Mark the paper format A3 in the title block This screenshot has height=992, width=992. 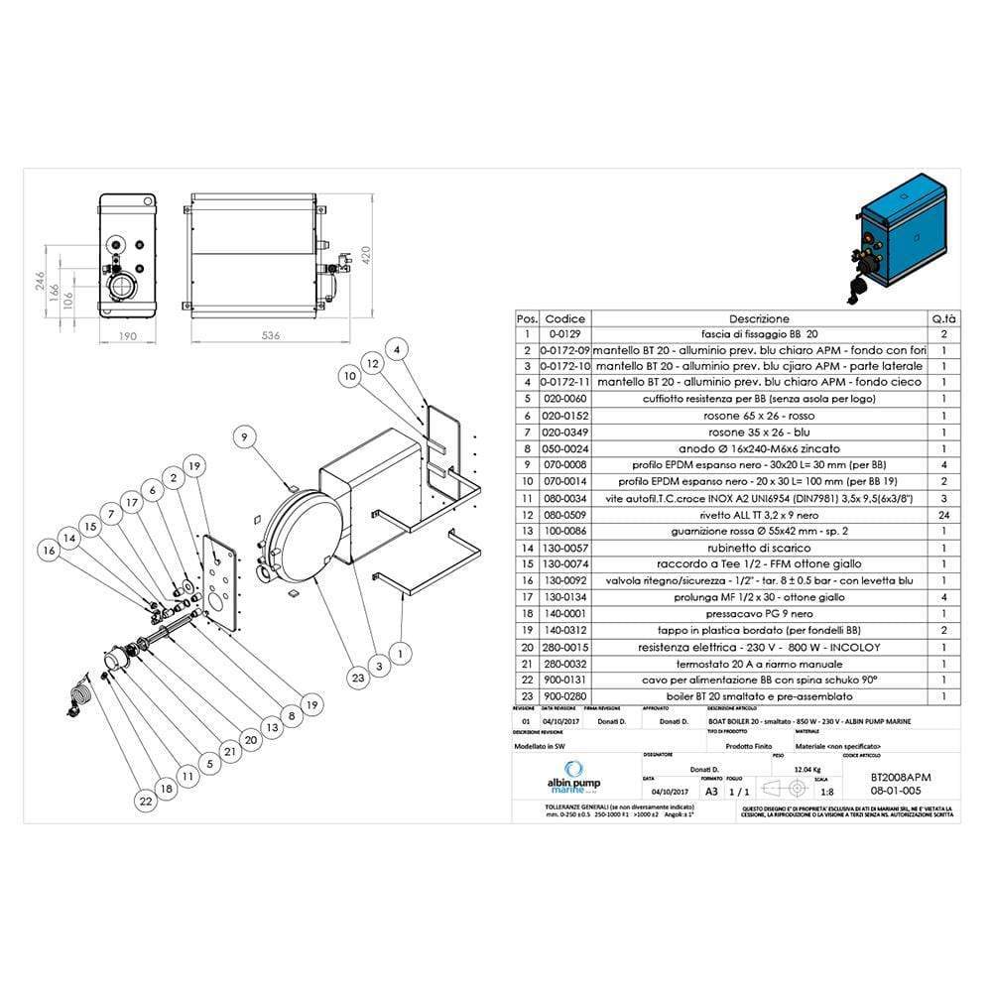710,792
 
